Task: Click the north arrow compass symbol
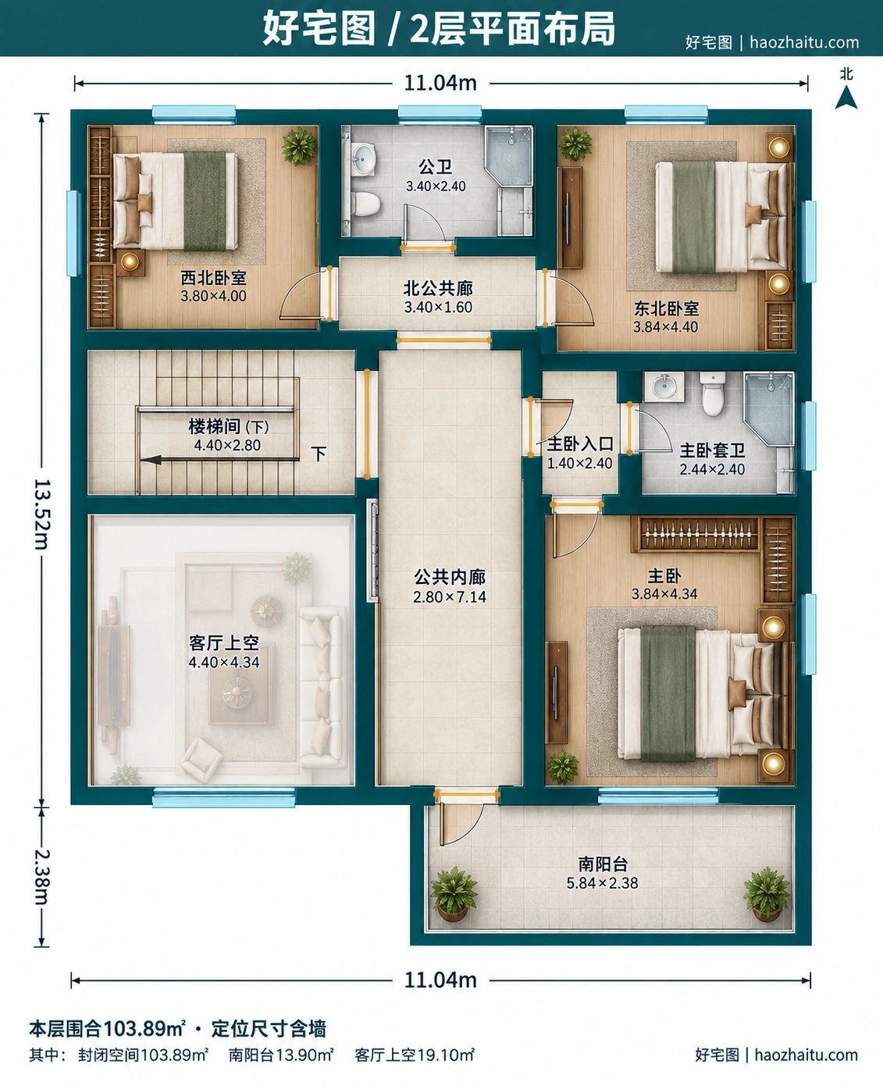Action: click(x=846, y=98)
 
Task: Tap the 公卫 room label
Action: click(x=435, y=167)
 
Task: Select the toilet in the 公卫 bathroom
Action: click(x=366, y=203)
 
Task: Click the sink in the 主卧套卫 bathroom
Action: click(x=664, y=386)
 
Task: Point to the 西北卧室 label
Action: click(x=213, y=278)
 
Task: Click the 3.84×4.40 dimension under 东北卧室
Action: click(x=665, y=327)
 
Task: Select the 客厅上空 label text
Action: click(x=224, y=643)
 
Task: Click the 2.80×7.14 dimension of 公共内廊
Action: click(x=449, y=596)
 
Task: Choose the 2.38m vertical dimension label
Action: click(x=42, y=877)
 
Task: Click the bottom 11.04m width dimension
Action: click(x=440, y=980)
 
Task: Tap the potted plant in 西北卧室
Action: click(x=299, y=146)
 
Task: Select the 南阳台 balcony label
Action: click(x=602, y=863)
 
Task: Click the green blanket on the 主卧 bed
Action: click(x=668, y=693)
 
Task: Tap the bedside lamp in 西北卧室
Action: click(x=130, y=262)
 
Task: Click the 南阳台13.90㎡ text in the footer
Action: click(x=281, y=1055)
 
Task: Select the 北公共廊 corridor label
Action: click(x=438, y=288)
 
